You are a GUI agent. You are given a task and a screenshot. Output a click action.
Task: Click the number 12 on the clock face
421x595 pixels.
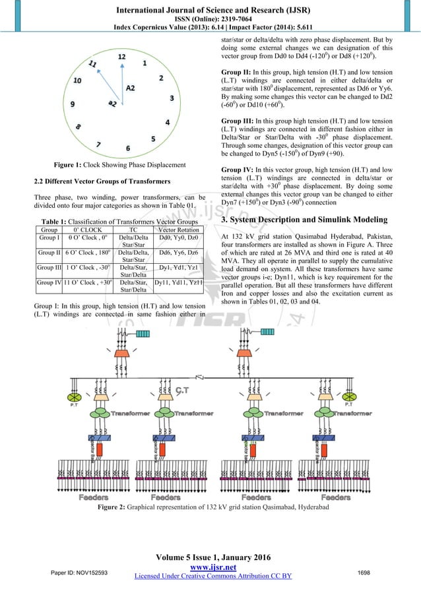tap(121, 57)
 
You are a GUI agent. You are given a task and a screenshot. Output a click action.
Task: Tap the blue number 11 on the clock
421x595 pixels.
tap(94, 65)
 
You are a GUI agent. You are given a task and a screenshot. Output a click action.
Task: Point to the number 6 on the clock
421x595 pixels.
tap(128, 148)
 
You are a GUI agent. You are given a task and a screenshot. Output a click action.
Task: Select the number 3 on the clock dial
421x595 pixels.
tap(172, 98)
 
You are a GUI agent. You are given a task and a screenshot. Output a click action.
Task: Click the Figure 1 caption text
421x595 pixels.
tap(122, 164)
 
